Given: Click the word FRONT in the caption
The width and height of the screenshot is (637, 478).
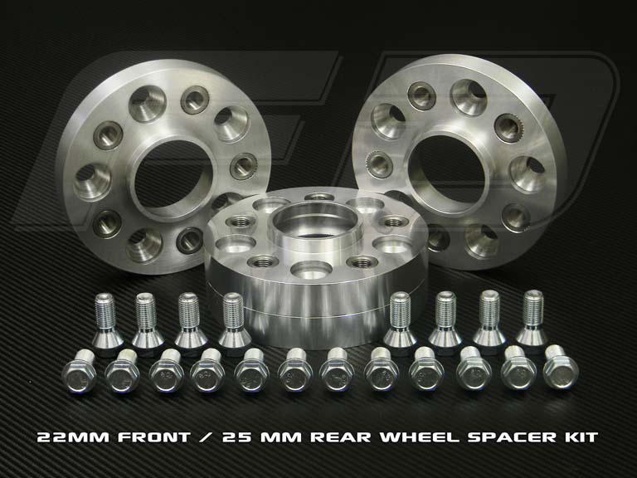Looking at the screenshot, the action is pyautogui.click(x=154, y=437).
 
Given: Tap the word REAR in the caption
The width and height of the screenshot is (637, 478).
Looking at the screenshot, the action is pyautogui.click(x=341, y=437).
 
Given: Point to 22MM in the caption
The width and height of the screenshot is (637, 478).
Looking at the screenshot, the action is pyautogui.click(x=73, y=437).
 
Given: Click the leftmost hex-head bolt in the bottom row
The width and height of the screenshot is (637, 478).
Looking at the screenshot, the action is pyautogui.click(x=80, y=372).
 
